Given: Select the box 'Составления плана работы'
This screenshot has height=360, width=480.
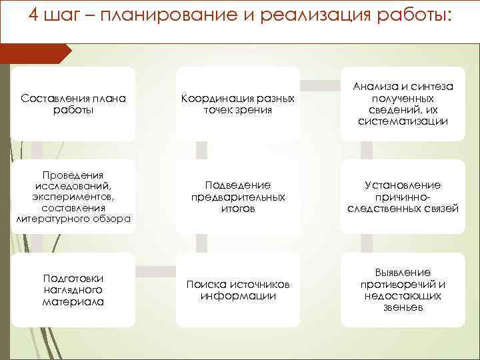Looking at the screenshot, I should pos(73,103).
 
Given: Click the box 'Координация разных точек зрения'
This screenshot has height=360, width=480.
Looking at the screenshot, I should pos(238,103).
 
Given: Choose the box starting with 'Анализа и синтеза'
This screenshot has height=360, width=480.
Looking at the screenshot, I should pos(403,103).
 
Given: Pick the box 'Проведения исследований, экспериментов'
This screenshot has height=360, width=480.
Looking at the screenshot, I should pos(73,196).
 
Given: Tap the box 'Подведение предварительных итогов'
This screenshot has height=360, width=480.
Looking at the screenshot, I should pos(238,196).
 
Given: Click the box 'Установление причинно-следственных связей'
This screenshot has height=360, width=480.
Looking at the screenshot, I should pos(403,196).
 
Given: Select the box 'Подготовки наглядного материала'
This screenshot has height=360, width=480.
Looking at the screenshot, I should pos(73,289).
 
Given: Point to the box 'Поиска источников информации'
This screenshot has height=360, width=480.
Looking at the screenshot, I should pos(238,289).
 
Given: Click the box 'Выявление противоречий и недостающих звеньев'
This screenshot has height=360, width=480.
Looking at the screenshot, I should pos(403,289).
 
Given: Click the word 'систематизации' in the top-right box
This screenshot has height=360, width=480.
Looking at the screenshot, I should pos(403,122).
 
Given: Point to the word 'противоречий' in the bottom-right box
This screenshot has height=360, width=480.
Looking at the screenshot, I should pos(403,284).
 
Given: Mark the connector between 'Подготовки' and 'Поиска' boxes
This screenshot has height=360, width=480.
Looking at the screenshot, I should pos(155,271).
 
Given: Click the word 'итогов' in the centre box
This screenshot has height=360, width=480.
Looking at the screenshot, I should pos(238,209).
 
